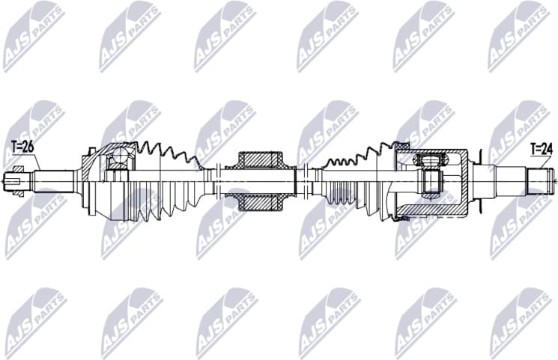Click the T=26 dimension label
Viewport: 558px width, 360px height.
pyautogui.click(x=23, y=147)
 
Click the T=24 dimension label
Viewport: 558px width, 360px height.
pyautogui.click(x=542, y=149)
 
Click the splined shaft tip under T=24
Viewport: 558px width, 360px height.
pyautogui.click(x=542, y=180)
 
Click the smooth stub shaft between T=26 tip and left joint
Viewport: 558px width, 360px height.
pyautogui.click(x=56, y=180)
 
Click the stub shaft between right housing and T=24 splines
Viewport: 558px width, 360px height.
pyautogui.click(x=500, y=180)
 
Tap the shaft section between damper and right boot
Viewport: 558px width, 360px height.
pyautogui.click(x=307, y=180)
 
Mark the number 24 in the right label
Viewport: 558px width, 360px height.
pyautogui.click(x=546, y=149)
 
